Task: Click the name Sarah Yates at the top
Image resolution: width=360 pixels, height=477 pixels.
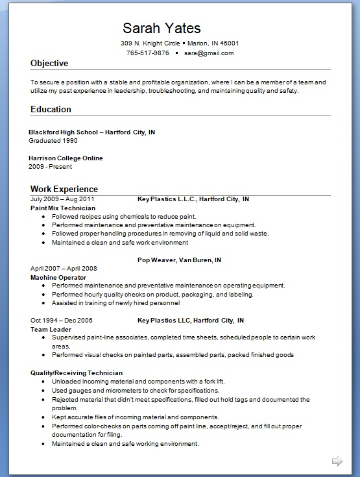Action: pos(162,28)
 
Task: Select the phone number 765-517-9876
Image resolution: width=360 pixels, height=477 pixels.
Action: pos(147,53)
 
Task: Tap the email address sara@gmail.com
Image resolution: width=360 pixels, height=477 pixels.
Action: pos(208,53)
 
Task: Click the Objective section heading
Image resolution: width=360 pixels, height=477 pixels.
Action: pos(49,64)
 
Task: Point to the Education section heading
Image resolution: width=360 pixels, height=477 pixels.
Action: pos(51,109)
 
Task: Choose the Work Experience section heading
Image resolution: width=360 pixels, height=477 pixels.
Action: pos(64,189)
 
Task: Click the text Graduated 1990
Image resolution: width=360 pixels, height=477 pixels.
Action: pos(53,140)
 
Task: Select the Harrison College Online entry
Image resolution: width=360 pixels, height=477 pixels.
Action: pos(66,158)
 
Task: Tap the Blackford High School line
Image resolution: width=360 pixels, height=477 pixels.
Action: pos(91,132)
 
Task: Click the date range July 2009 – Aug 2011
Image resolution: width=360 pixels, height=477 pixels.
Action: pos(62,199)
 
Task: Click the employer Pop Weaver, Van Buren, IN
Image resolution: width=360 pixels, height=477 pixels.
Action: pos(180,260)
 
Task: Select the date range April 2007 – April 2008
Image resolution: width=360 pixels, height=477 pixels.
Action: pos(64,268)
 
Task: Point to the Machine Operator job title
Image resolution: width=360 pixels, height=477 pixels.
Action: pos(58,277)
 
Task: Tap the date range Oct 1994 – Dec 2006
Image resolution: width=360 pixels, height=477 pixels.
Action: pos(62,320)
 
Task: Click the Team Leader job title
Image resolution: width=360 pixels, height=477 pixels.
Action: pos(51,329)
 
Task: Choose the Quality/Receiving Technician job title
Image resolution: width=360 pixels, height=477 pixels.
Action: pos(77,373)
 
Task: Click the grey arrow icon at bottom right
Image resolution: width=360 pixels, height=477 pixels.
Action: pos(337,461)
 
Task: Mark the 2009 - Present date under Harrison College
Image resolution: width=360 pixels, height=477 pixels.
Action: pos(51,166)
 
